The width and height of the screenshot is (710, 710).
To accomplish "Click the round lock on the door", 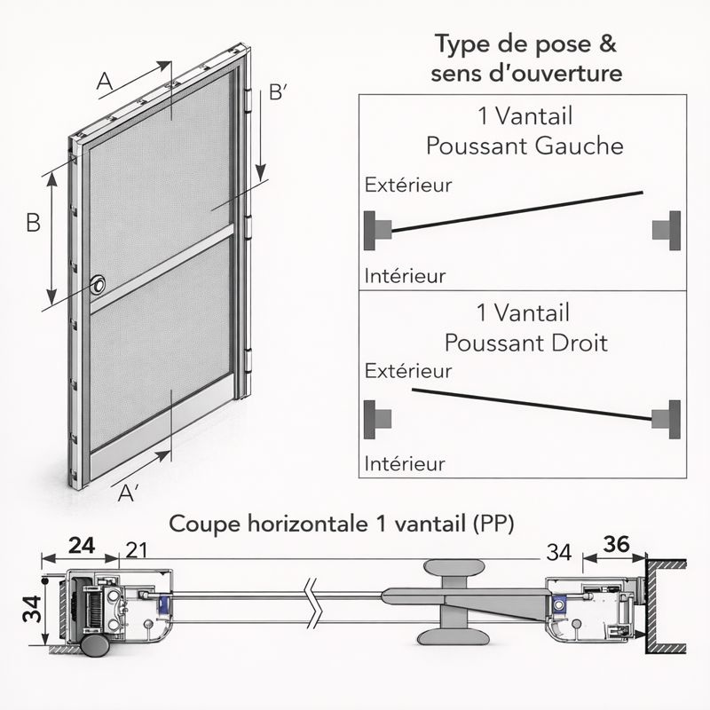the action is coord(98,285).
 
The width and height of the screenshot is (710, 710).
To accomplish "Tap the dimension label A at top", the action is coord(105,82).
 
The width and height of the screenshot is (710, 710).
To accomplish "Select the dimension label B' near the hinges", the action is coord(278,92).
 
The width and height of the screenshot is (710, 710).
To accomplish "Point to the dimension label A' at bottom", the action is coord(128,493).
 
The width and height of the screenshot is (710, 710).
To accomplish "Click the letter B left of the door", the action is coord(34,223).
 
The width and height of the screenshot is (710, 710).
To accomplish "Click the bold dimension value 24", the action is coord(82,546).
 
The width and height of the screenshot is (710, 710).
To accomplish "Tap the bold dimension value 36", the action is coord(616,544).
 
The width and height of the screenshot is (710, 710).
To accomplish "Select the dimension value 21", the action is coord(137,550).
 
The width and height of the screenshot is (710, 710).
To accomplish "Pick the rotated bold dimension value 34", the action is coord(33,609).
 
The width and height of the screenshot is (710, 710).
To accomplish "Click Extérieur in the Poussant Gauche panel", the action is coord(408,185).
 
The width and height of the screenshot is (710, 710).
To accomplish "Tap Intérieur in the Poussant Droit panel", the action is coord(405,463).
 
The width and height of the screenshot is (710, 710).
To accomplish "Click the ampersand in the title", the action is coord(607,43).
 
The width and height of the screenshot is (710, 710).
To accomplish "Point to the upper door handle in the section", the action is coord(454,566).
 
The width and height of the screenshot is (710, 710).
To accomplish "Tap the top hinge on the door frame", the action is coord(248,100).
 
